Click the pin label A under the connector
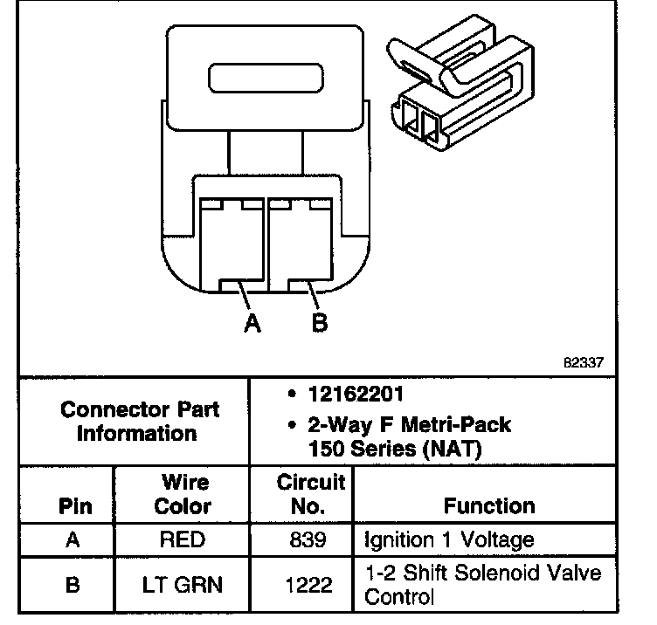pos(252,322)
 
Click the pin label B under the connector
pos(320,322)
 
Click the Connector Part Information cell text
pos(137,421)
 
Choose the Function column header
pos(489,505)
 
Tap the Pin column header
pos(73,506)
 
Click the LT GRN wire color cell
pos(182,584)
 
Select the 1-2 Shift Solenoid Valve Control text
pos(482,584)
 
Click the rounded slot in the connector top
pos(266,78)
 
